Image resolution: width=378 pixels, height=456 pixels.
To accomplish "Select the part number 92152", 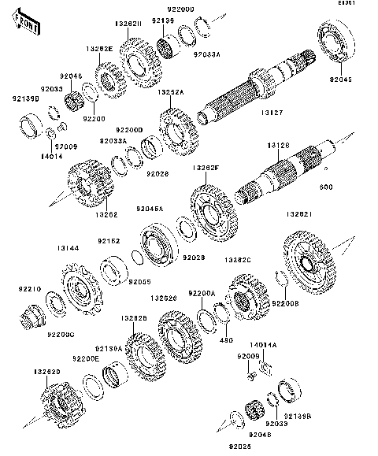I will (x=109, y=240).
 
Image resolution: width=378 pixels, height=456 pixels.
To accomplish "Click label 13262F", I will (x=205, y=169).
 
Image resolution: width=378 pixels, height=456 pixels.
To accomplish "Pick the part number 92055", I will (x=139, y=281).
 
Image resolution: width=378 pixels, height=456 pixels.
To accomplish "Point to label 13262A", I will (x=170, y=92).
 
